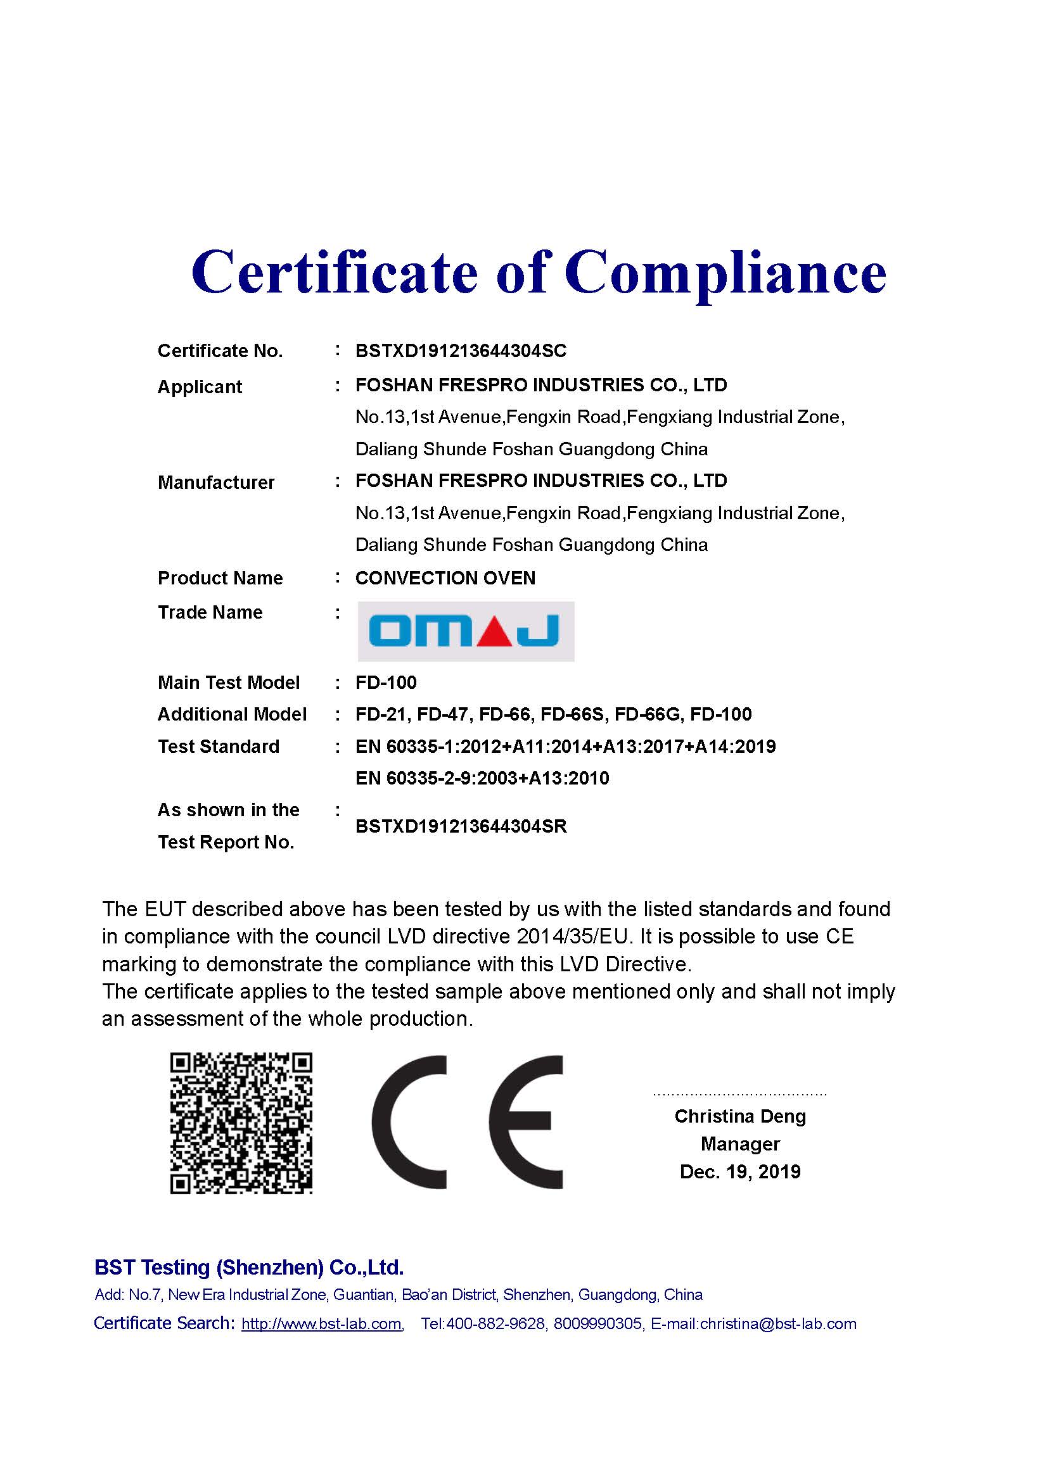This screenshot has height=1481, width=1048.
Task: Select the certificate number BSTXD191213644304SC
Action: tap(461, 351)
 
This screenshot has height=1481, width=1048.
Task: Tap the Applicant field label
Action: tap(200, 386)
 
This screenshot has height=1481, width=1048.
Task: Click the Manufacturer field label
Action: tap(215, 482)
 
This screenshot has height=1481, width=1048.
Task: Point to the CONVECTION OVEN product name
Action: tap(445, 577)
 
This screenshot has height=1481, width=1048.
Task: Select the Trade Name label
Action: tap(210, 612)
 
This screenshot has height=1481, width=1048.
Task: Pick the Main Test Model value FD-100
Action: tap(386, 682)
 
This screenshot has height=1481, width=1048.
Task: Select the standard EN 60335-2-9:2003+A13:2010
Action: tap(482, 778)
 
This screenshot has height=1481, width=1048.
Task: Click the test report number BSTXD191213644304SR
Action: tap(461, 826)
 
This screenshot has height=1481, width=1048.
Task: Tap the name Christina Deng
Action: tap(739, 1116)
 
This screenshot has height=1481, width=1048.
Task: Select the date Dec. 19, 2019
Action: tap(739, 1171)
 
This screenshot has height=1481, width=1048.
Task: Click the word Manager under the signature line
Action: tap(739, 1144)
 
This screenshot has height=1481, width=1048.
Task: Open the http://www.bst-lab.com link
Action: tap(321, 1324)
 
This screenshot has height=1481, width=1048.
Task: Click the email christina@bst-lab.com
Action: tap(777, 1324)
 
